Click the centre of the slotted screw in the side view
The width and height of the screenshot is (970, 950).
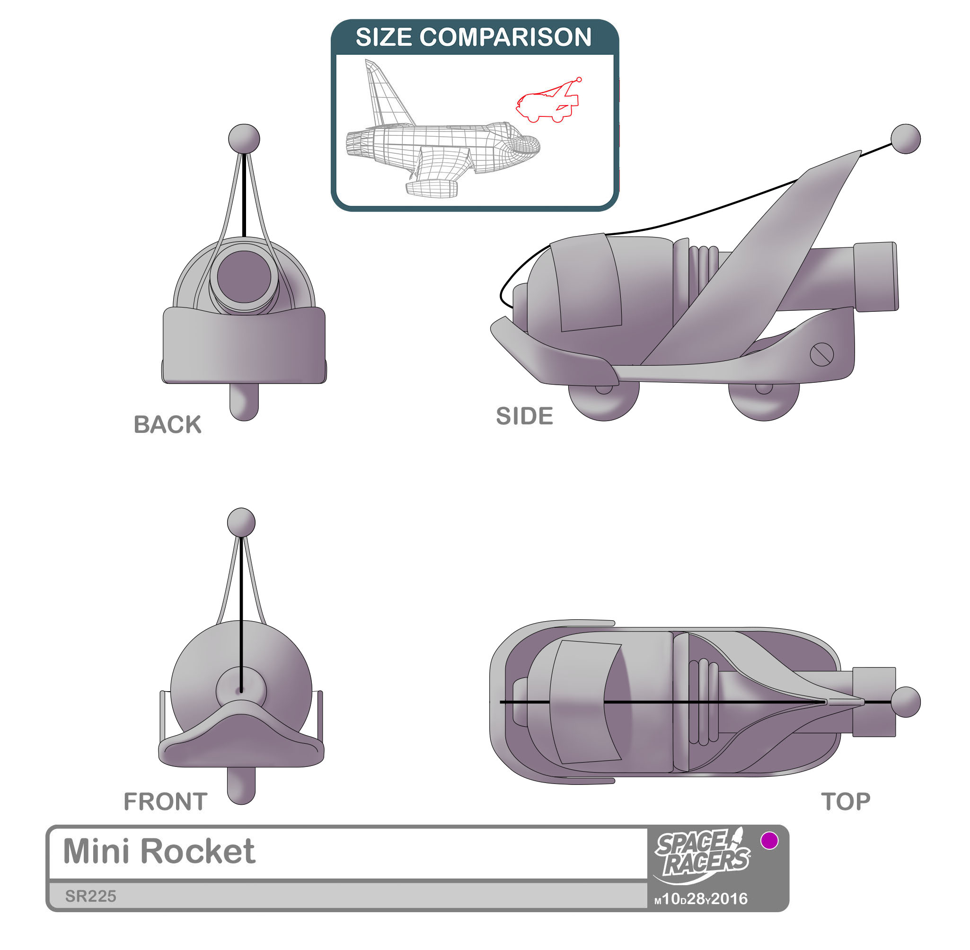tap(821, 355)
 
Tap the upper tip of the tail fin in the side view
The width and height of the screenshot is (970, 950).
tap(861, 150)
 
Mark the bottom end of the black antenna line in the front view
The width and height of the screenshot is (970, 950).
tap(241, 692)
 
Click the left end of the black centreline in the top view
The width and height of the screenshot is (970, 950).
tap(501, 702)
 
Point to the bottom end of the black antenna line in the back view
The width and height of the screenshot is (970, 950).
tap(244, 236)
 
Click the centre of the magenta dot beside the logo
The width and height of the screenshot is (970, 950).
tap(769, 841)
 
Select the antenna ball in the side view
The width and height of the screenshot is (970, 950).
tap(906, 139)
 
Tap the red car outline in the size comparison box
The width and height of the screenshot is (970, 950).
tap(548, 101)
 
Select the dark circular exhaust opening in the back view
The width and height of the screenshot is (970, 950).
tap(244, 276)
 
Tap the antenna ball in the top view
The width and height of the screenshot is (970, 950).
tap(906, 702)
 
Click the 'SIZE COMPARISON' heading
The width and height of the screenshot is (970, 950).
tap(474, 37)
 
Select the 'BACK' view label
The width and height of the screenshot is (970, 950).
tap(168, 424)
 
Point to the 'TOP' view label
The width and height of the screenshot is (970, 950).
tap(846, 802)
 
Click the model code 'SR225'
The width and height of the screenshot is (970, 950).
tap(91, 896)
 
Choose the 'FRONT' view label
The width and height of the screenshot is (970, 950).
tap(166, 802)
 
